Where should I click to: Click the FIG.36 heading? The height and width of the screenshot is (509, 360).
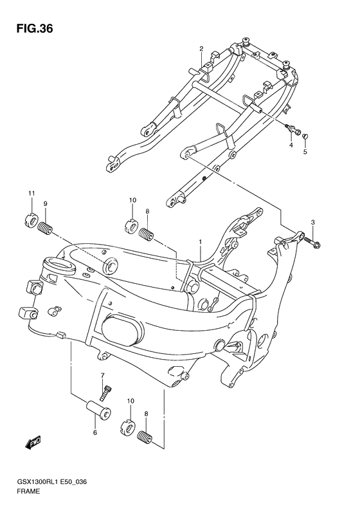[35, 29]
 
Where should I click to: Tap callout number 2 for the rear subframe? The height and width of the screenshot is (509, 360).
[201, 49]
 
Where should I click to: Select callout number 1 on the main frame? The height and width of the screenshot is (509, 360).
[201, 242]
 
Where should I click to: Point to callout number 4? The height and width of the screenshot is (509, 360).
[291, 145]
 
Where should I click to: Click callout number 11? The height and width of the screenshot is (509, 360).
[32, 193]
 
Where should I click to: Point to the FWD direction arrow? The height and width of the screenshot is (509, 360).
[33, 443]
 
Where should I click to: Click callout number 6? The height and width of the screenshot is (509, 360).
[95, 432]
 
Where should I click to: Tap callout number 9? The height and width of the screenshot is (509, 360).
[46, 203]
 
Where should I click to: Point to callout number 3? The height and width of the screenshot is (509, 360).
[312, 223]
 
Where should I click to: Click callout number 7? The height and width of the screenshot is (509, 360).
[102, 376]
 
